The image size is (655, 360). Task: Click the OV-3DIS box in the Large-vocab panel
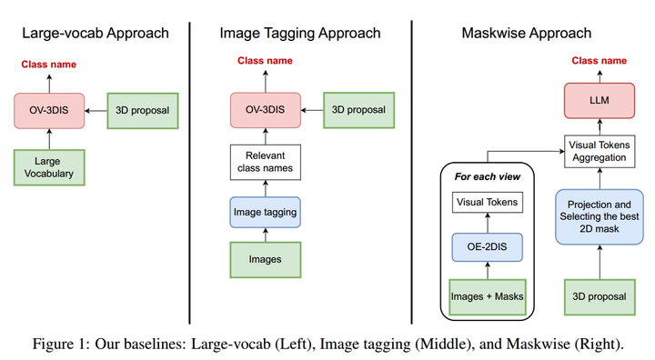[x=48, y=111]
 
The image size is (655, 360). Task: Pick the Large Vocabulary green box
[x=48, y=167]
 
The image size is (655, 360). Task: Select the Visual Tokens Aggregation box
[x=599, y=150]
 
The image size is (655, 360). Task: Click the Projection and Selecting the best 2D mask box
[x=599, y=215]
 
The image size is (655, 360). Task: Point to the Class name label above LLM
[x=599, y=61]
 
